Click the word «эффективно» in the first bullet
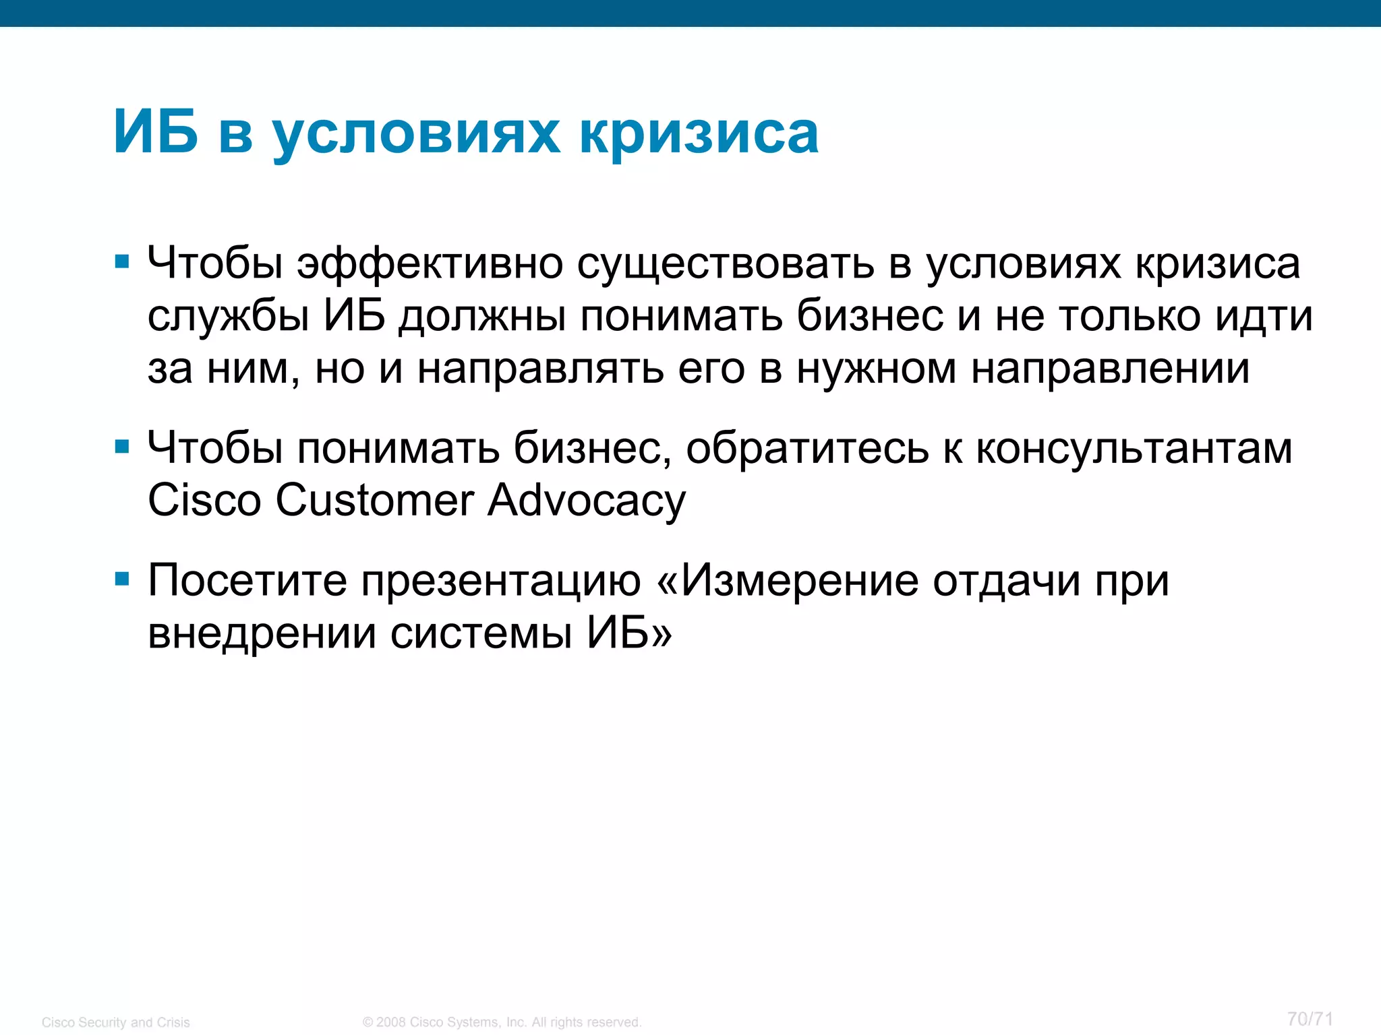point(430,263)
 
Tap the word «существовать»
point(725,263)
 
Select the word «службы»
point(228,316)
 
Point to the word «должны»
point(482,316)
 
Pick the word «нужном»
point(876,369)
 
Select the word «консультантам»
point(1134,448)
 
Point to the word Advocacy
point(587,502)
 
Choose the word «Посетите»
point(247,580)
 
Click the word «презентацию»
point(500,582)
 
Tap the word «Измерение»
point(799,580)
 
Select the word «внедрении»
point(262,633)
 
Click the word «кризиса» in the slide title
point(699,132)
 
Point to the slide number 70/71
point(1310,1019)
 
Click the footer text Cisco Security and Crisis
point(116,1022)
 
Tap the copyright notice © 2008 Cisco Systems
point(502,1022)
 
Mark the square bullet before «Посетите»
point(122,579)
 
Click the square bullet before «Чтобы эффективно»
point(122,261)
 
